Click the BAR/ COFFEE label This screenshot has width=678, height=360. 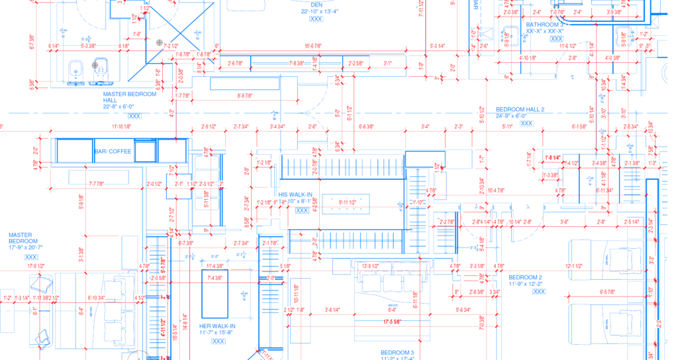113,152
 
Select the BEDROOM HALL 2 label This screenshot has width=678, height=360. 520,109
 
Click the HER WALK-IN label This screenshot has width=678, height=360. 218,326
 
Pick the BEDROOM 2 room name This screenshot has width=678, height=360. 525,277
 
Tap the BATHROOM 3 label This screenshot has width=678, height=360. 545,24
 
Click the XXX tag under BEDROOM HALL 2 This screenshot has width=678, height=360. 526,123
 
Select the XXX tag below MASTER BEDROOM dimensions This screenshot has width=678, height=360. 30,257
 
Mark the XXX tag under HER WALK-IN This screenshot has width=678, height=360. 218,341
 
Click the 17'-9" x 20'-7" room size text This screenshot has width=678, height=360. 26,247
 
